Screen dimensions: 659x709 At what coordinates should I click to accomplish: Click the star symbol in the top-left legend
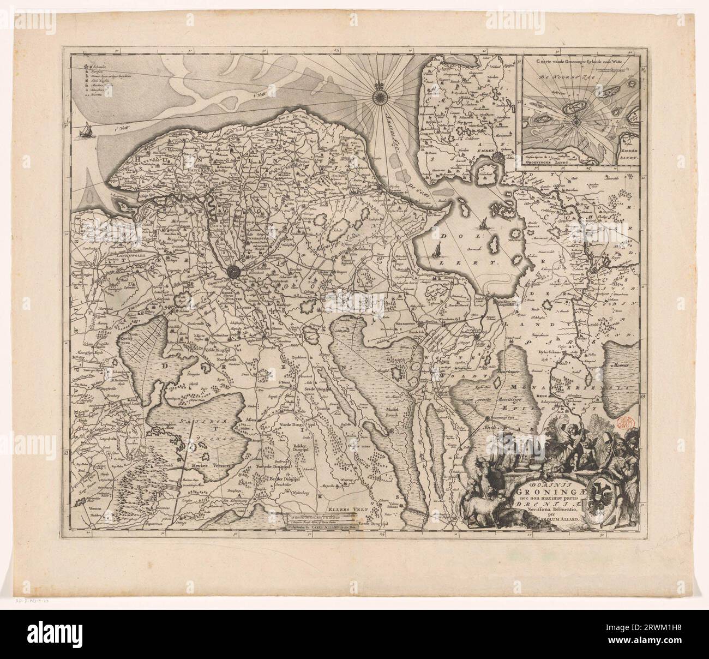[86, 65]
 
